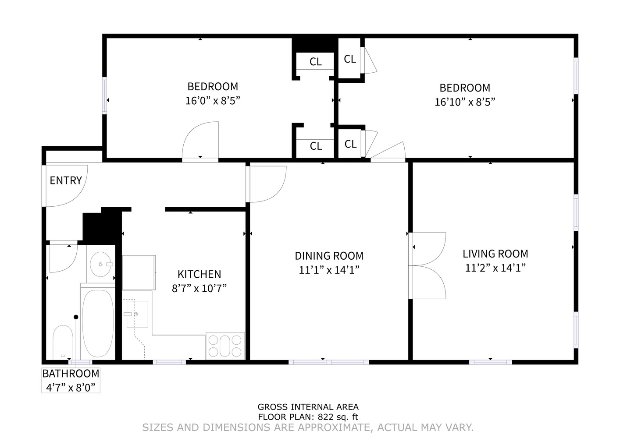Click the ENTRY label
[x=66, y=180]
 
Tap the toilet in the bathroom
[x=63, y=343]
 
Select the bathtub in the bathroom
[x=98, y=323]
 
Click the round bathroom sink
[x=100, y=264]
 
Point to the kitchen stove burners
[x=225, y=346]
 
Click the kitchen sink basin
[x=137, y=314]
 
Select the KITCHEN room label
[x=199, y=274]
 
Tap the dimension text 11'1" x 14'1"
[x=329, y=270]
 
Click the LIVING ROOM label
[x=495, y=254]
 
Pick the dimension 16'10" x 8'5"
[x=465, y=102]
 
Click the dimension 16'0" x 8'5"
[x=213, y=101]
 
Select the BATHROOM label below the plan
[x=71, y=374]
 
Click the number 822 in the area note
[x=325, y=417]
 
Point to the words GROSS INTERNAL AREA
[x=308, y=407]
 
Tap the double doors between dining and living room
[x=428, y=265]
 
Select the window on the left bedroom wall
[x=104, y=95]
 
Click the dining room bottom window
[x=328, y=362]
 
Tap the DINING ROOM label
[x=329, y=256]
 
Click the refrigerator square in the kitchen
[x=139, y=272]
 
